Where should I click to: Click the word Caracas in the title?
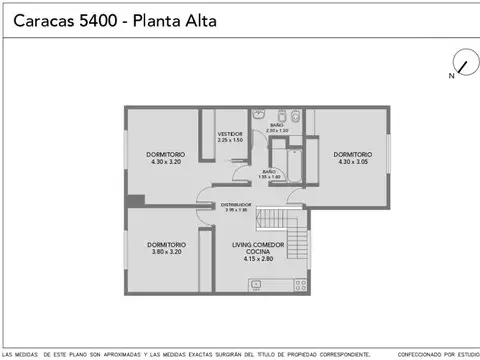[40, 20]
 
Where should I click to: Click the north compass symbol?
[463, 62]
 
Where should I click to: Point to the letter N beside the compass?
[451, 75]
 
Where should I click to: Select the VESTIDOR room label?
[231, 133]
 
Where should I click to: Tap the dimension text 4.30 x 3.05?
[352, 162]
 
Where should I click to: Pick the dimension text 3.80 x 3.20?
[165, 252]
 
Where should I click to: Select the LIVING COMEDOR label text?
[258, 244]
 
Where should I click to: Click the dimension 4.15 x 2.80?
[258, 259]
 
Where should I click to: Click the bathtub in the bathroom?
[295, 164]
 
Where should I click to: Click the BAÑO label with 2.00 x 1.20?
[277, 125]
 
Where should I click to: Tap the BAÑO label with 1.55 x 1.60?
[269, 172]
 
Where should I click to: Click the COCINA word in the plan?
[258, 251]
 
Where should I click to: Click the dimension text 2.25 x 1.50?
[231, 139]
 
